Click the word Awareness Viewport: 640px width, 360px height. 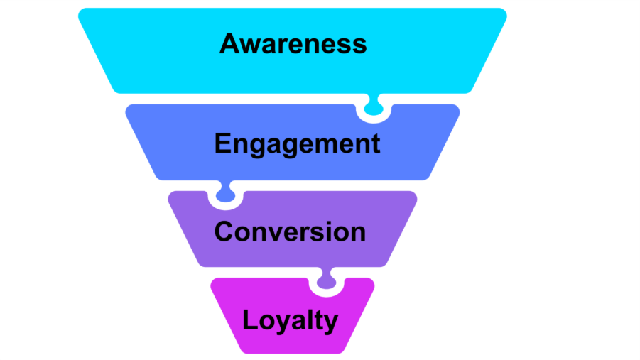[293, 44]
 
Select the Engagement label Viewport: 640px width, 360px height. [297, 143]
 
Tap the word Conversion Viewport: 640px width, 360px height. [290, 231]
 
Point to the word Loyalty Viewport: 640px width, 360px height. [290, 320]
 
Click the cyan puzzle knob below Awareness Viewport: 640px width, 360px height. [373, 107]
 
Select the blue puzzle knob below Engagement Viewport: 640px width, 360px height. [225, 194]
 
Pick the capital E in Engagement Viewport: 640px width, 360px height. [222, 143]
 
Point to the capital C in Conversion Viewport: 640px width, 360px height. [224, 231]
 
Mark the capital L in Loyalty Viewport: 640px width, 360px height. [249, 320]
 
